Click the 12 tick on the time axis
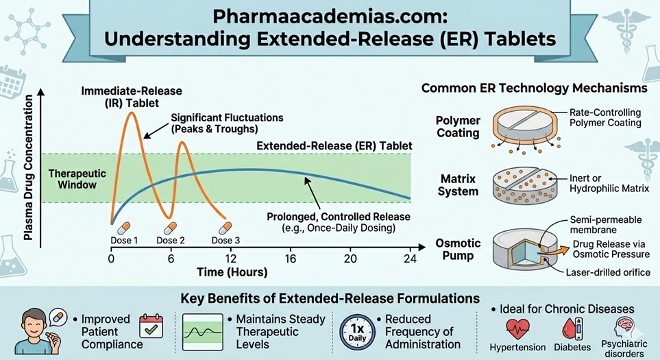(x=232, y=259)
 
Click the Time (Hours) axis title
(x=232, y=272)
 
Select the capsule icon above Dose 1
(x=123, y=227)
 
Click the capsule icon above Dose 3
(x=221, y=227)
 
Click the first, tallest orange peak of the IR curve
(x=132, y=113)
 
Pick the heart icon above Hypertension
(x=518, y=327)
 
